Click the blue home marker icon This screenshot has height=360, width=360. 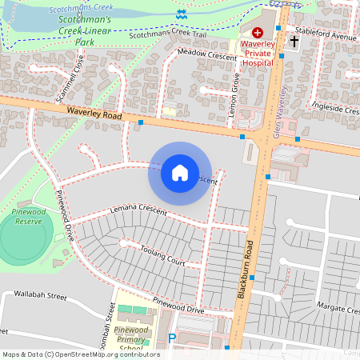point(180,173)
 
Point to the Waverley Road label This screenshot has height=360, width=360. point(94,116)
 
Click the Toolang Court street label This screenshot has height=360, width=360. point(163,256)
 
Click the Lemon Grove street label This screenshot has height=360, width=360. point(235,94)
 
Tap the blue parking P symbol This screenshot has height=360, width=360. point(171,339)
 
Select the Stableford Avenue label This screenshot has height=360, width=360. point(324,37)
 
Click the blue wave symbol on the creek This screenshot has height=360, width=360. point(182,14)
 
